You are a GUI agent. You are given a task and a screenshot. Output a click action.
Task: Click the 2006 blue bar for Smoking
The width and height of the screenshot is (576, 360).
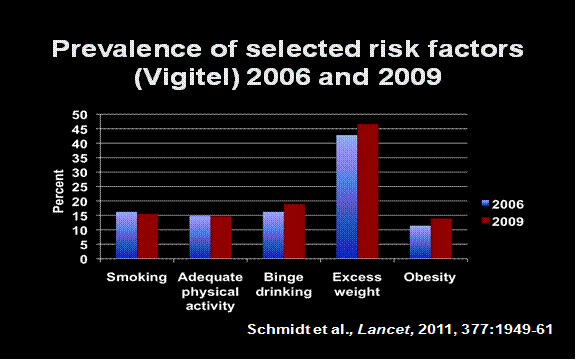[126, 236]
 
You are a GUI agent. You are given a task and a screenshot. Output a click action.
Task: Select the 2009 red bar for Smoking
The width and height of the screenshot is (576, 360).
[147, 237]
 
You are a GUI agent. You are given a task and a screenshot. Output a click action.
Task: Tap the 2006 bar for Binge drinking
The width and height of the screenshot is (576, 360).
[272, 236]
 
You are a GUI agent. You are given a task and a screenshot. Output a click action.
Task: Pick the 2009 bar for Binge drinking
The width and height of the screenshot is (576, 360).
[294, 232]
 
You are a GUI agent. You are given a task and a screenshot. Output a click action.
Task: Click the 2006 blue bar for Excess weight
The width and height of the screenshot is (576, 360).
[346, 197]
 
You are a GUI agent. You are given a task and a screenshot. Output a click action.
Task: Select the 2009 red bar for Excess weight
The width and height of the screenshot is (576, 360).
[368, 192]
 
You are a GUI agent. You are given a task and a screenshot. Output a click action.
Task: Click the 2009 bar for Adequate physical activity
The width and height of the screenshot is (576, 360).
[220, 237]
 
